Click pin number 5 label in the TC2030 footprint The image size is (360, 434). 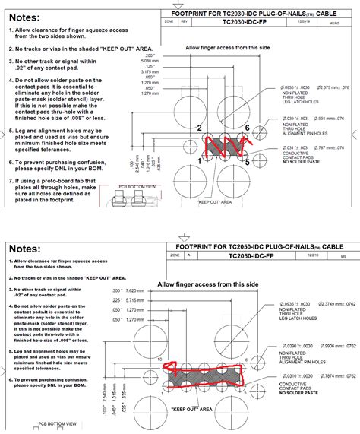click(248, 160)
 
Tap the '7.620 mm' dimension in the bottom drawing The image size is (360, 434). click(137, 291)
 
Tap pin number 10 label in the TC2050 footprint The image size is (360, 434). click(160, 358)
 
